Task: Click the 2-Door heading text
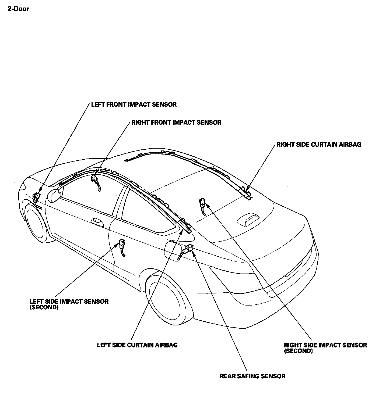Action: click(x=18, y=9)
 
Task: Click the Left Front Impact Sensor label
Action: click(x=134, y=105)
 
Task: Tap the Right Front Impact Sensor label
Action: click(x=176, y=123)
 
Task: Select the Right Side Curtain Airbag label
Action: click(x=319, y=145)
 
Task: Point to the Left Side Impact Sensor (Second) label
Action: click(x=69, y=304)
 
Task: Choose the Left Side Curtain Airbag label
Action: click(x=137, y=345)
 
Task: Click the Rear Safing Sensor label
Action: click(x=252, y=376)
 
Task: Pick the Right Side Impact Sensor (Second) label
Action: click(x=325, y=348)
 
